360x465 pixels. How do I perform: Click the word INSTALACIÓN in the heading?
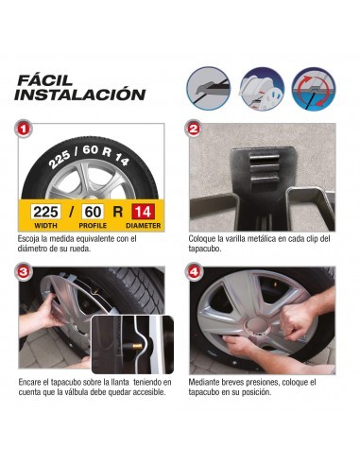80,95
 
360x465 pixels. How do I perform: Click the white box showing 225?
45,213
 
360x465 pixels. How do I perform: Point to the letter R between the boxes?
118,213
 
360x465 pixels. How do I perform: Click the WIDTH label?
45,227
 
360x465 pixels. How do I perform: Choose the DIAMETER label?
142,227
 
